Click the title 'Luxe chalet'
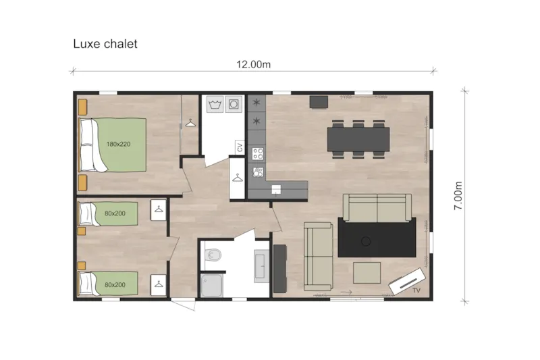tap(105, 44)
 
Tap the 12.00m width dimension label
tap(253, 64)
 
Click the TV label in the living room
tap(416, 289)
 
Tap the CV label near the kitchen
tap(239, 147)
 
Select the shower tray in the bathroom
tap(212, 284)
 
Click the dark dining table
tap(358, 139)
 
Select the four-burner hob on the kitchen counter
tap(258, 153)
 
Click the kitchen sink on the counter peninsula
tap(276, 189)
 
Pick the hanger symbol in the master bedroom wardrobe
tap(190, 123)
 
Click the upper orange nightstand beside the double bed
tap(82, 107)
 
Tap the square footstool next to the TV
tap(367, 274)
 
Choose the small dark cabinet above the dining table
tap(317, 101)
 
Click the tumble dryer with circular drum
tap(234, 105)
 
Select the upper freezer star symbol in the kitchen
tap(256, 103)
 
